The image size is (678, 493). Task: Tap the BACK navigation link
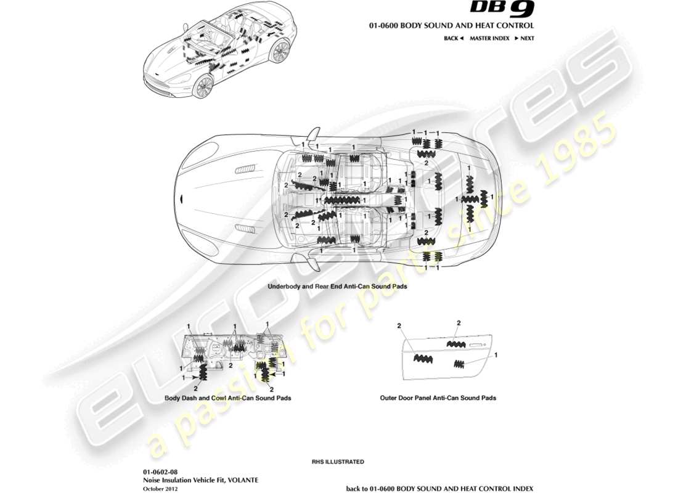pos(453,38)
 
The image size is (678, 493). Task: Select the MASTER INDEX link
pos(489,38)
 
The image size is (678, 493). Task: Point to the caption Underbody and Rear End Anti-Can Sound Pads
pos(337,287)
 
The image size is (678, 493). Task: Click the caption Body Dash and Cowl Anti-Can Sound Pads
pos(227,398)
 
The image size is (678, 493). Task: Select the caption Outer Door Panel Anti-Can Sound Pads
pos(438,398)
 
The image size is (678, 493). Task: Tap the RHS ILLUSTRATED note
pos(338,462)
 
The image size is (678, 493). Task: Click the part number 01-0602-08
pos(160,471)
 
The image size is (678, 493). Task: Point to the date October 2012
pos(160,489)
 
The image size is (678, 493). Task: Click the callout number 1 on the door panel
pos(496,356)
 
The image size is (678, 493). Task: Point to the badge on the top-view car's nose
pos(181,198)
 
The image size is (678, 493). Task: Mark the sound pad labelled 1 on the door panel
pos(460,364)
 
